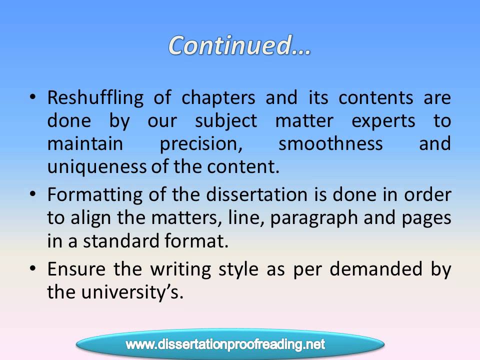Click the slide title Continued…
click(239, 45)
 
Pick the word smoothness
click(330, 144)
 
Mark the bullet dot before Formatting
click(33, 195)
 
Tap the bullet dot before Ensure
click(33, 269)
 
